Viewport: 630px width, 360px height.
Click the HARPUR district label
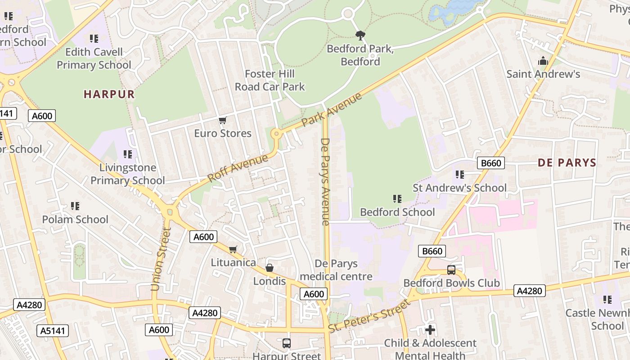click(x=109, y=94)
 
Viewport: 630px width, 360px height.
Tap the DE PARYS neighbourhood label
click(x=567, y=163)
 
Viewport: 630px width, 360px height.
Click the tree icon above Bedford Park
click(x=360, y=35)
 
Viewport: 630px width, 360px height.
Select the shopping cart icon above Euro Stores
click(x=222, y=120)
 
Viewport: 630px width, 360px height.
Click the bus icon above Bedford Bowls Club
click(x=451, y=270)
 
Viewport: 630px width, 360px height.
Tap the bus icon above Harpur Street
click(x=286, y=343)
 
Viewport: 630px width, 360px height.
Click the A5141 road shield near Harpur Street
click(x=53, y=331)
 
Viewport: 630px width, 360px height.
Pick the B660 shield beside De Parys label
click(x=490, y=163)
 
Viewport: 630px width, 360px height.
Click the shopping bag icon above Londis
click(x=269, y=268)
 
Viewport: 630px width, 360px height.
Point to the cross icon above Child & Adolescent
click(x=430, y=330)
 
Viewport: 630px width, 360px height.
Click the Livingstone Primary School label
click(x=128, y=174)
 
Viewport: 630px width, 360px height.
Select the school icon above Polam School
click(x=75, y=206)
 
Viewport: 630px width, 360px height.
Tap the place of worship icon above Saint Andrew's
click(x=543, y=60)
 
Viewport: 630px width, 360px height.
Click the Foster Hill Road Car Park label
click(x=270, y=80)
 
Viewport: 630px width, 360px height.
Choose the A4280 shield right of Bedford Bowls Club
click(x=529, y=291)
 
